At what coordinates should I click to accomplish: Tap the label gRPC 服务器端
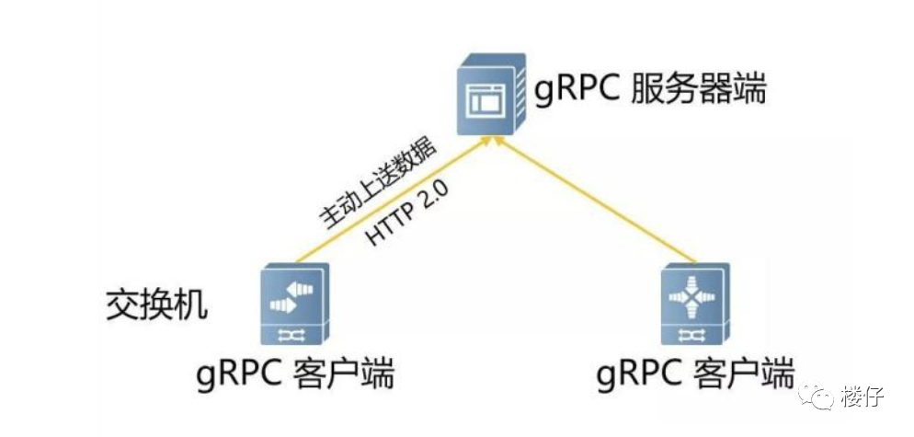point(650,92)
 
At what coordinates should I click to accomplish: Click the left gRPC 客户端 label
point(296,375)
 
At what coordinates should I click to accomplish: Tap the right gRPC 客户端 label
point(694,375)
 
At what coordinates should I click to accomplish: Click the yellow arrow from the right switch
point(598,202)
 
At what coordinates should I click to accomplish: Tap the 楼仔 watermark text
point(862,397)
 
